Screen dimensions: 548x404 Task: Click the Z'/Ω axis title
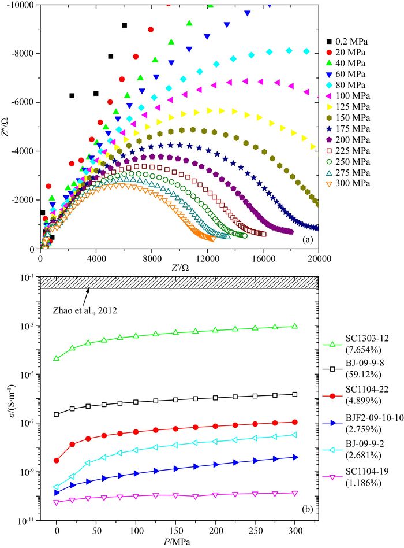pyautogui.click(x=178, y=269)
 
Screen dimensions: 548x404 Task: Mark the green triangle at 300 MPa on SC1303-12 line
pyautogui.click(x=295, y=326)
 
